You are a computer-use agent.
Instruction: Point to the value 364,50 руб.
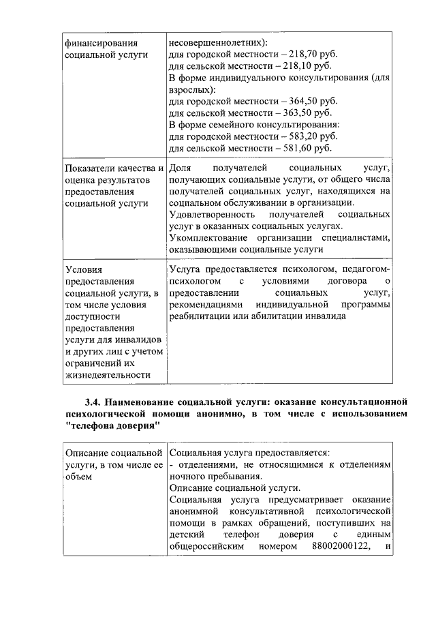[x=313, y=101]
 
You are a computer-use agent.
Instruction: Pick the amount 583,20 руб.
[x=313, y=136]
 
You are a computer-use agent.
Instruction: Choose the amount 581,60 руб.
[x=309, y=148]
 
